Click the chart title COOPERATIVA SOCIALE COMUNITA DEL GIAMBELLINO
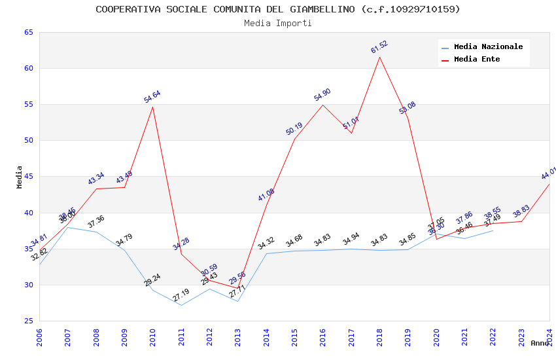click(277, 9)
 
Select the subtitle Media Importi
click(277, 23)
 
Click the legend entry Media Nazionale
click(488, 46)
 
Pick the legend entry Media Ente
click(477, 59)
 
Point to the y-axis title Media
click(20, 177)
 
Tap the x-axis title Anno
click(540, 343)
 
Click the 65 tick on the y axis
click(28, 32)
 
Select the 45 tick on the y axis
click(28, 177)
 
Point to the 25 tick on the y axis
click(28, 321)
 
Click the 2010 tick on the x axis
click(153, 337)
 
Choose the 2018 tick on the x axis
click(379, 337)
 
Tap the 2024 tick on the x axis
click(549, 337)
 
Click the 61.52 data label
click(379, 46)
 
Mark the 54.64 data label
click(152, 97)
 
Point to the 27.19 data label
click(181, 295)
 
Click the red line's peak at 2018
click(379, 57)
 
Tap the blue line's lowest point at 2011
click(181, 305)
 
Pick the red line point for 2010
click(153, 107)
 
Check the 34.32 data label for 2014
click(266, 243)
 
